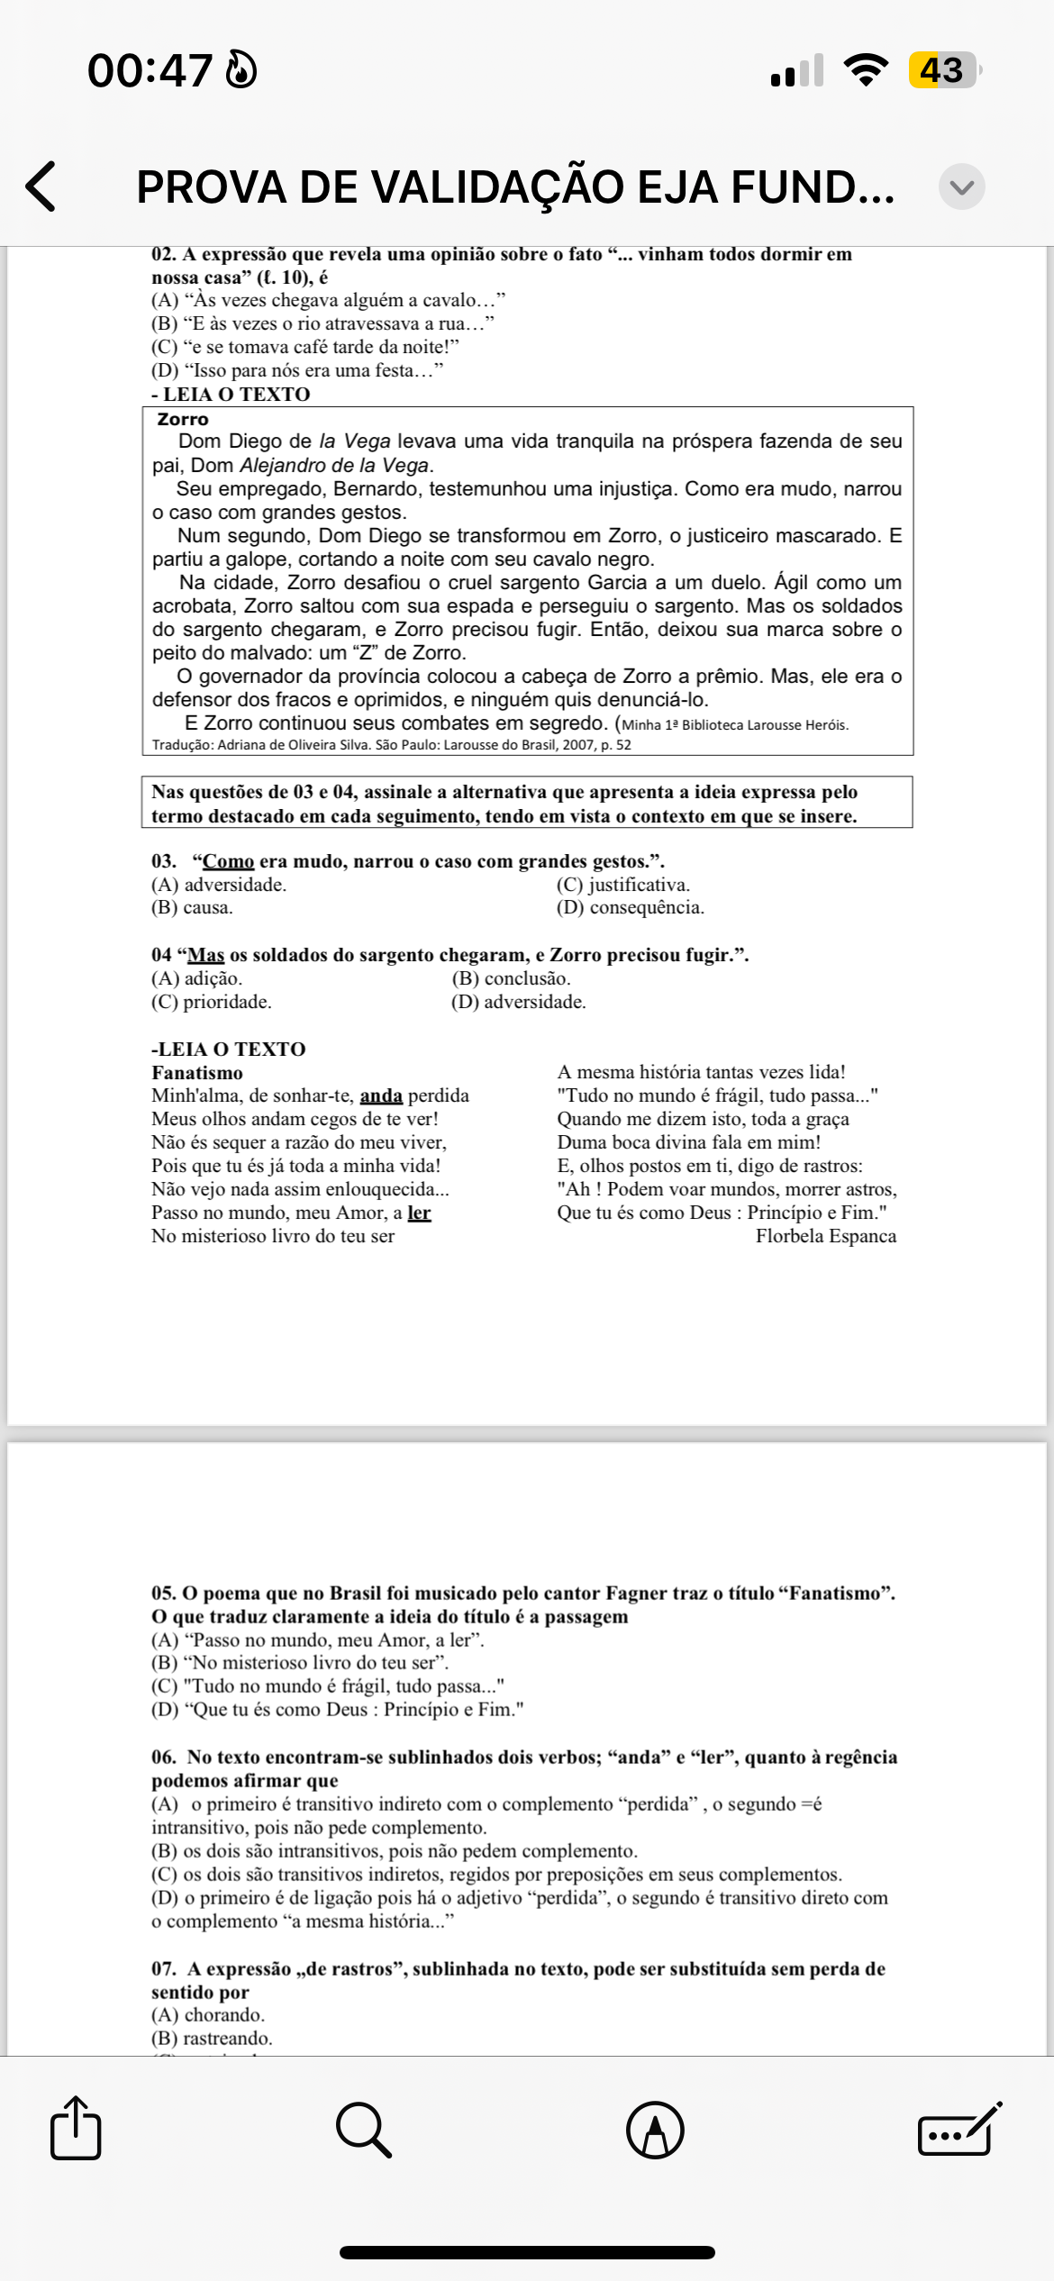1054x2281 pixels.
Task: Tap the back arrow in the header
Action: [41, 186]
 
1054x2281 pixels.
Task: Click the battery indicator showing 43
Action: [943, 70]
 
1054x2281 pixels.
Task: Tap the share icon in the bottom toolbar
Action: [76, 2129]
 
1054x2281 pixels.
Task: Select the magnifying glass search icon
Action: [363, 2130]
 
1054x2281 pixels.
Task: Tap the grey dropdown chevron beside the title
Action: [961, 186]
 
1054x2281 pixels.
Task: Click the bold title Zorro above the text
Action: [182, 419]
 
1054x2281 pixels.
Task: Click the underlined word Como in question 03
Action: [228, 861]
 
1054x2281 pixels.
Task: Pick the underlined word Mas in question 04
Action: [205, 955]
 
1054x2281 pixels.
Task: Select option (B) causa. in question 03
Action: [192, 907]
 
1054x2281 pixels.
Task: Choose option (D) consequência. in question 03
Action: [630, 907]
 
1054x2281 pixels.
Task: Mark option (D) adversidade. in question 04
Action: [518, 1002]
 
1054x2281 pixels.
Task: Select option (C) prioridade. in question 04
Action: [211, 1002]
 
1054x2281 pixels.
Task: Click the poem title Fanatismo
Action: [196, 1072]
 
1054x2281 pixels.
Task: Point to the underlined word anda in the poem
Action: [381, 1095]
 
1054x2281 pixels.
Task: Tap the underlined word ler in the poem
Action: [419, 1213]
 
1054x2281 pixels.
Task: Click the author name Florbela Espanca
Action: [825, 1236]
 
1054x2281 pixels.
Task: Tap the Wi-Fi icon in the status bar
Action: [865, 70]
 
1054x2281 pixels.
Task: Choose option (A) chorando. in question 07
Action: [208, 2014]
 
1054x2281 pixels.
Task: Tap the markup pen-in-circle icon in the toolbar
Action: [655, 2130]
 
